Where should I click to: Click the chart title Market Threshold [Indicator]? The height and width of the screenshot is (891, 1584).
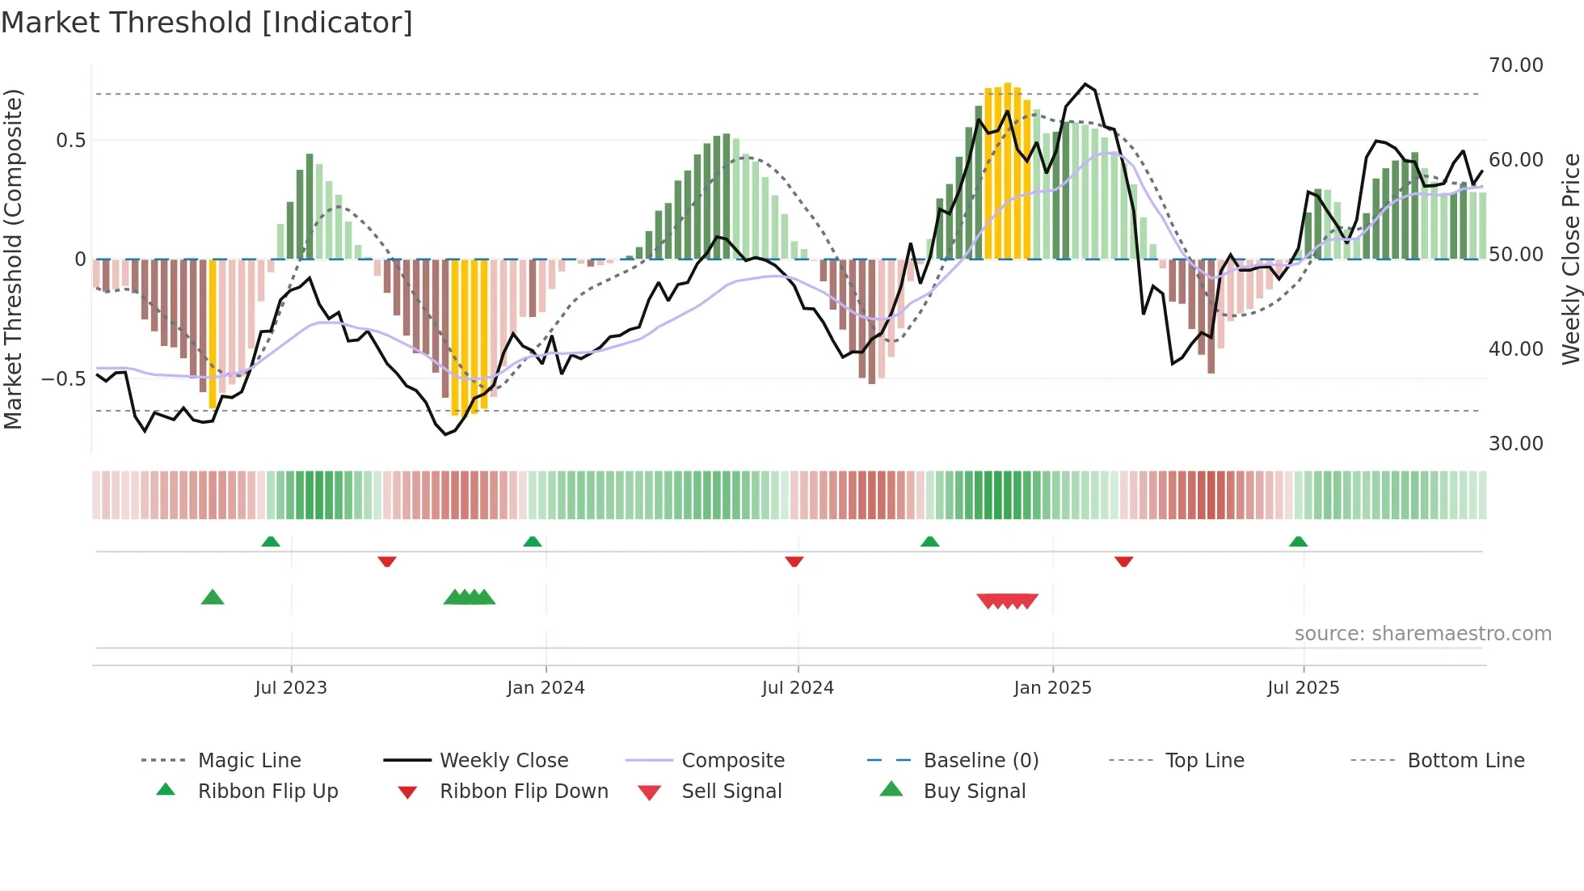point(207,23)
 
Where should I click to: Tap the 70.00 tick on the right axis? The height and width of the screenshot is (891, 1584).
point(1515,65)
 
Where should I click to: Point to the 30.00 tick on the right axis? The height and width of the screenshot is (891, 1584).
point(1515,444)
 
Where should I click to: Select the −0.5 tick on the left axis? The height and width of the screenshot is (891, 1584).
point(64,379)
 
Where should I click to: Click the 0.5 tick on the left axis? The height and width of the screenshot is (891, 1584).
point(70,141)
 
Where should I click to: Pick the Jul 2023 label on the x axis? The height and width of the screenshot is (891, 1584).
point(291,688)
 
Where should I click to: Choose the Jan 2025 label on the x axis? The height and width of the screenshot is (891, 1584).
point(1052,688)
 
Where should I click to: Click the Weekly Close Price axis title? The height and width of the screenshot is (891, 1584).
point(1570,259)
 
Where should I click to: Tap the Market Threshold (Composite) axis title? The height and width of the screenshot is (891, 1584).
point(13,259)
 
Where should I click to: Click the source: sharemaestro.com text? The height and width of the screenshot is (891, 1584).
point(1422,634)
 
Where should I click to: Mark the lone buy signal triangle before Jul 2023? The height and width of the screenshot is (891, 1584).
point(213,598)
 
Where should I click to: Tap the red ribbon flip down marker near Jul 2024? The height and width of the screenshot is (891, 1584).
point(794,561)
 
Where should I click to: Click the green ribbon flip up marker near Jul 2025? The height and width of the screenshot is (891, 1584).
point(1298,542)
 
